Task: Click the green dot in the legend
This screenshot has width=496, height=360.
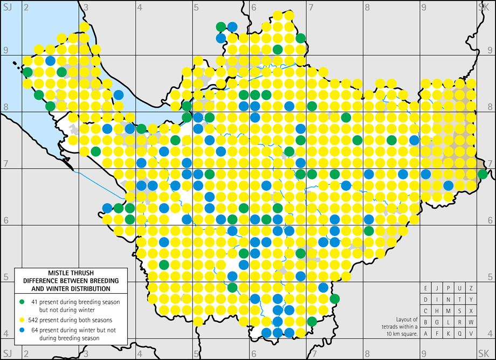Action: [x=22, y=301]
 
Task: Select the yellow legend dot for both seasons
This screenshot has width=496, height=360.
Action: [x=22, y=318]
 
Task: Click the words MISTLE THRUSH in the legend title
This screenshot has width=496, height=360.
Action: [x=71, y=273]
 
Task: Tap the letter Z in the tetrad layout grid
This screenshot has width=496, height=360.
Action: [x=471, y=288]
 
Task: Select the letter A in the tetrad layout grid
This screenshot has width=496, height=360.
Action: [x=426, y=334]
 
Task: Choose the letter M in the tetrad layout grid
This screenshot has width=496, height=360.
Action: [x=449, y=311]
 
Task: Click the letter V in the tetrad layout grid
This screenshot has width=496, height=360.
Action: [x=471, y=334]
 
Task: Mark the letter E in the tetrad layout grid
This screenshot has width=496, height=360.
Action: [x=426, y=288]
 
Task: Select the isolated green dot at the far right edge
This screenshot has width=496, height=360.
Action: [x=483, y=174]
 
